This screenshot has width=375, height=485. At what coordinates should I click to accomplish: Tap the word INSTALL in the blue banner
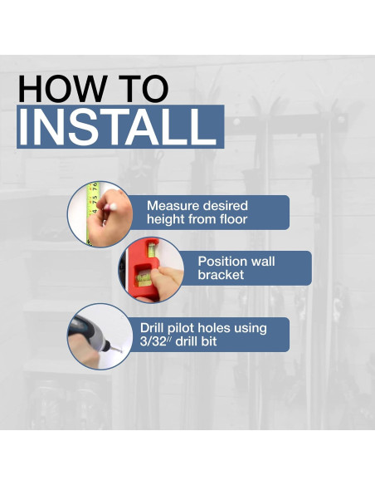(x=117, y=127)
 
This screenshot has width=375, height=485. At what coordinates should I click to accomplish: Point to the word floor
(x=233, y=219)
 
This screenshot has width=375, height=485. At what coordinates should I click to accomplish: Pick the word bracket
(x=221, y=275)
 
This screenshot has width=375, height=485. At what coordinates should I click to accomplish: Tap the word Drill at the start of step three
(x=150, y=328)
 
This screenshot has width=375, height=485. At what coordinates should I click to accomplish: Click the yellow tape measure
(x=92, y=213)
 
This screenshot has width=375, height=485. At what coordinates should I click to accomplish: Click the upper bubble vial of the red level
(x=151, y=249)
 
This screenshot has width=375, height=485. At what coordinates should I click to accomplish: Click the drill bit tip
(x=119, y=350)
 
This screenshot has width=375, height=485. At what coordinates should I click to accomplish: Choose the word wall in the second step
(x=262, y=262)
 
